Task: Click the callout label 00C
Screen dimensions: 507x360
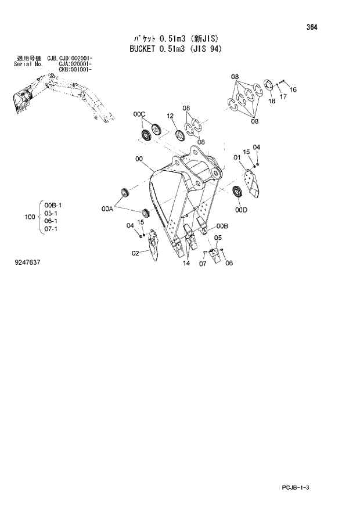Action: (x=139, y=116)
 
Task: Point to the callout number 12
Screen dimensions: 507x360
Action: (x=171, y=116)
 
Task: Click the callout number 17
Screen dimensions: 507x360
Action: (x=283, y=97)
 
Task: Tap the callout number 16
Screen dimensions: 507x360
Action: (x=293, y=89)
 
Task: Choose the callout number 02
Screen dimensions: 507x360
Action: (x=135, y=253)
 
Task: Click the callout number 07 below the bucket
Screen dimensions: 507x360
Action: (x=203, y=264)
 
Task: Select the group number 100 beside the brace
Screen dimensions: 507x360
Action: (x=31, y=217)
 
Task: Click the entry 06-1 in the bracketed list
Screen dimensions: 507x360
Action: (x=53, y=221)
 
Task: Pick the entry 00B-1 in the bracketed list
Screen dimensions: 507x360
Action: (x=55, y=205)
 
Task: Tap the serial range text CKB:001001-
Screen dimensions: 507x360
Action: (x=76, y=69)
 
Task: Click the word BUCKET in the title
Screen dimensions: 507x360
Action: (x=142, y=49)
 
